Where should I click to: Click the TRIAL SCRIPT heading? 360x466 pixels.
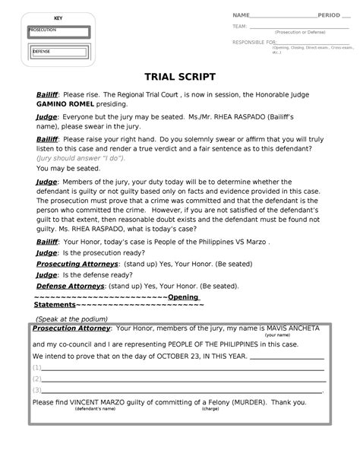[x=180, y=78]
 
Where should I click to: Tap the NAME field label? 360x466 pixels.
[x=241, y=15]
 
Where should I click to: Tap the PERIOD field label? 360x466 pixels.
[x=329, y=15]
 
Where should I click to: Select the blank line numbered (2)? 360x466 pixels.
[x=182, y=378]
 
